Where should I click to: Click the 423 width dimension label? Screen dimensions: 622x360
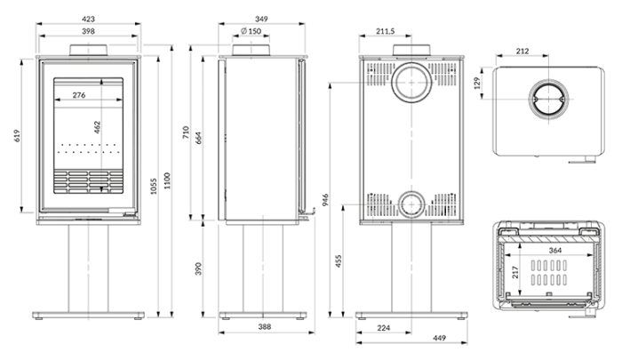(x=88, y=19)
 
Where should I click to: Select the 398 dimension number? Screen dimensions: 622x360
(x=88, y=31)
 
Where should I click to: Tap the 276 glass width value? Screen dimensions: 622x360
(x=79, y=95)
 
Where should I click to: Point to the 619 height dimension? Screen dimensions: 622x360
(x=17, y=136)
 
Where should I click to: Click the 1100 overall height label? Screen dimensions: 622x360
(x=167, y=180)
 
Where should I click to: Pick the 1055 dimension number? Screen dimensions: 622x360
(x=154, y=187)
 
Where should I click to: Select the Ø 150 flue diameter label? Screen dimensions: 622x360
(x=251, y=31)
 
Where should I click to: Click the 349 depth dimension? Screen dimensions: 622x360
(x=261, y=19)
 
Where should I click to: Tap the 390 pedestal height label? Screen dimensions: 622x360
(x=199, y=268)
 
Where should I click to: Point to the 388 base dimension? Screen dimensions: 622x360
(x=265, y=326)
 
